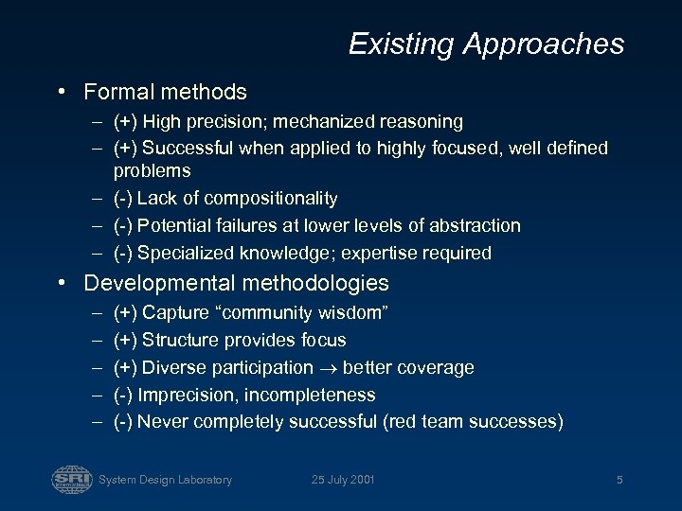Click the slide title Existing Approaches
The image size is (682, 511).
click(x=486, y=44)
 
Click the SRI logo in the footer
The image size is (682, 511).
click(x=72, y=479)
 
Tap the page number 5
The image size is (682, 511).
click(x=619, y=480)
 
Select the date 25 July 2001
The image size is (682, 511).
click(x=343, y=480)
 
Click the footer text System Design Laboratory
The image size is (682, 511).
click(x=165, y=480)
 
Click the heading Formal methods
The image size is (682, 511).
click(x=165, y=92)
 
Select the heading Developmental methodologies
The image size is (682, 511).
click(x=236, y=283)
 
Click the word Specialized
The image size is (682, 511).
click(x=182, y=253)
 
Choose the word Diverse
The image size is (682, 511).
click(x=172, y=367)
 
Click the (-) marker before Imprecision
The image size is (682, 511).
click(x=122, y=395)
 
